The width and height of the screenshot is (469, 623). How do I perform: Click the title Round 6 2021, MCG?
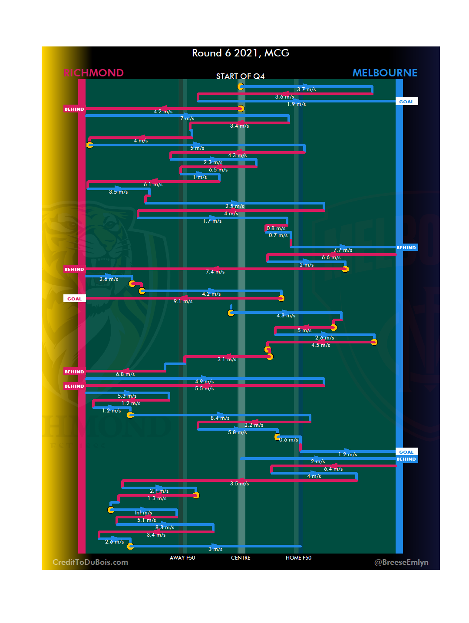tap(240, 53)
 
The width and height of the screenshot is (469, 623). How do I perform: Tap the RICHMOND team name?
tap(93, 73)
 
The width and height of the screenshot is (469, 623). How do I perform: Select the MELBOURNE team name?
tap(384, 73)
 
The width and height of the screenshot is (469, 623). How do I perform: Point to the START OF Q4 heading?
tap(240, 76)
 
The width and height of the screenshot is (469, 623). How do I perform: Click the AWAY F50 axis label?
tap(182, 558)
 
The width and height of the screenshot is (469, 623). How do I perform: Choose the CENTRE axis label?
tap(241, 558)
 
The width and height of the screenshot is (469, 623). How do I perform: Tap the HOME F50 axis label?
tap(298, 558)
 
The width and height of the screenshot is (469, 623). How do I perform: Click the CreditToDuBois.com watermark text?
tap(90, 562)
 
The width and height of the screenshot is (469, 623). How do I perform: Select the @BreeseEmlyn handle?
tap(401, 562)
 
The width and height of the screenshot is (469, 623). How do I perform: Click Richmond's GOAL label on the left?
tap(74, 299)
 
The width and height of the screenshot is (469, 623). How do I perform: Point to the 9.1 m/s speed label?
tap(183, 301)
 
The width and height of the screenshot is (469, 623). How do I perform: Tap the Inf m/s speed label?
tap(143, 513)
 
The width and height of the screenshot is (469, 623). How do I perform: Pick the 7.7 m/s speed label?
tap(343, 250)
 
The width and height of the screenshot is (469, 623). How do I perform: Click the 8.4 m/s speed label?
tap(220, 418)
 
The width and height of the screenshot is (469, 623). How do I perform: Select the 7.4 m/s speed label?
tap(215, 272)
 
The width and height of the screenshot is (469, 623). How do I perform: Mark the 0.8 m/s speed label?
tap(276, 228)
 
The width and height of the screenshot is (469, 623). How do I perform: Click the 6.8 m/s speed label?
tap(125, 374)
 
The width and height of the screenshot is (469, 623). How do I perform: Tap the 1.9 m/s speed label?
tap(296, 104)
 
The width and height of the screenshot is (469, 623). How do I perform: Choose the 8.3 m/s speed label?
tap(165, 527)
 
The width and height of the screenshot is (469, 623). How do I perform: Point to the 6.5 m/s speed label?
tap(218, 170)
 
